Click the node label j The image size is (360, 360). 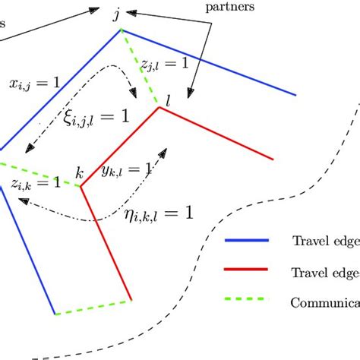116,15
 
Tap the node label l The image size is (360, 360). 169,99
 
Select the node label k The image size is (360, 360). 79,172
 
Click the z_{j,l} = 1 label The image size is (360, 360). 164,65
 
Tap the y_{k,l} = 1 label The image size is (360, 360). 126,172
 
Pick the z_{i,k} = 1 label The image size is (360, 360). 36,183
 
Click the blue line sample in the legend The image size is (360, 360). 247,241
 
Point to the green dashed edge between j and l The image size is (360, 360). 138,66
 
